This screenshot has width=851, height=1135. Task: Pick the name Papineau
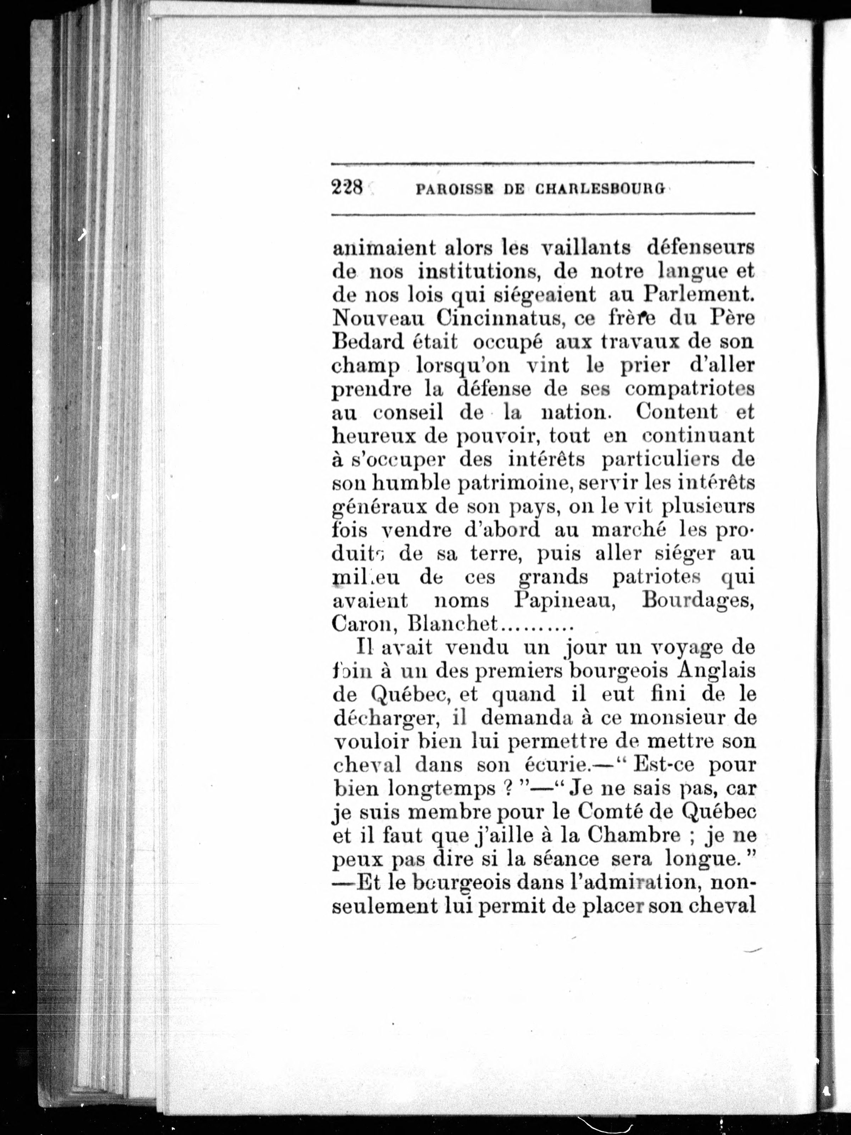565,601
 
